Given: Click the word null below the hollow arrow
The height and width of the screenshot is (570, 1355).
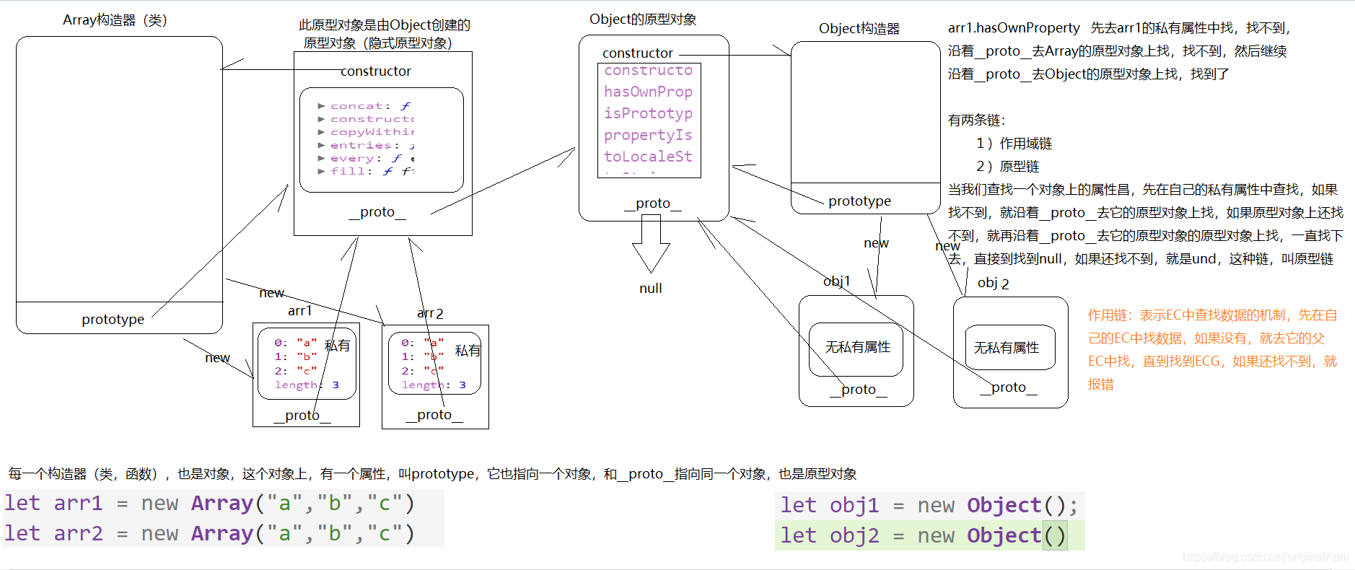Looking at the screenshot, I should coord(650,289).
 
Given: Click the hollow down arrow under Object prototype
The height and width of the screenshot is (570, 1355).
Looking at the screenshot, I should coord(651,245).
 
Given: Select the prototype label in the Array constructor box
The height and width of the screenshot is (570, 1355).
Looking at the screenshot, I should coord(113,320).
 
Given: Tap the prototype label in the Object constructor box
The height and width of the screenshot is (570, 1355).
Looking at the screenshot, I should coord(859,201).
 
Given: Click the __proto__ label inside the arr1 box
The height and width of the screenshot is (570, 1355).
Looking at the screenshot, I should coord(302,416).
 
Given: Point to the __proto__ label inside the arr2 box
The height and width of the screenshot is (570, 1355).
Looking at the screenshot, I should coord(434,415).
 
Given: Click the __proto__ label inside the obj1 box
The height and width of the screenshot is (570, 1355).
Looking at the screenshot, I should coord(858,390).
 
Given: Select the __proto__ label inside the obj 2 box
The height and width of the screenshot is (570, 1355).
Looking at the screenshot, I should coord(1009,387).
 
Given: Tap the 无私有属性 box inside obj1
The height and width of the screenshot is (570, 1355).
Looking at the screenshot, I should coord(857,348).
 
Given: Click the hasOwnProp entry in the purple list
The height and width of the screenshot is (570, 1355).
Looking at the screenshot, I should coord(648,92).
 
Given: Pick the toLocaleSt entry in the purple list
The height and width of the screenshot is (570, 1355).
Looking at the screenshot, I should coord(648,157).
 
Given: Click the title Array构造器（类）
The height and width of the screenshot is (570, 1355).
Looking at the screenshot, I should coord(115,20).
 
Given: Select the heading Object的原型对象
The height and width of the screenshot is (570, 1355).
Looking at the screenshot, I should coord(643,19).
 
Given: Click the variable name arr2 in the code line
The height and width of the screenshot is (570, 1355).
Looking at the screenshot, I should coord(78,534).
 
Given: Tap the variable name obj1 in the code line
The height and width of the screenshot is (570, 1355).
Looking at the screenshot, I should coord(854,506).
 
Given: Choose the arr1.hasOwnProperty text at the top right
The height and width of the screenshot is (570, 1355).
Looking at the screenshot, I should coord(1014,28).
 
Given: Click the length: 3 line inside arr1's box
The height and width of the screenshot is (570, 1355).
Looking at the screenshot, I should coord(306,385).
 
